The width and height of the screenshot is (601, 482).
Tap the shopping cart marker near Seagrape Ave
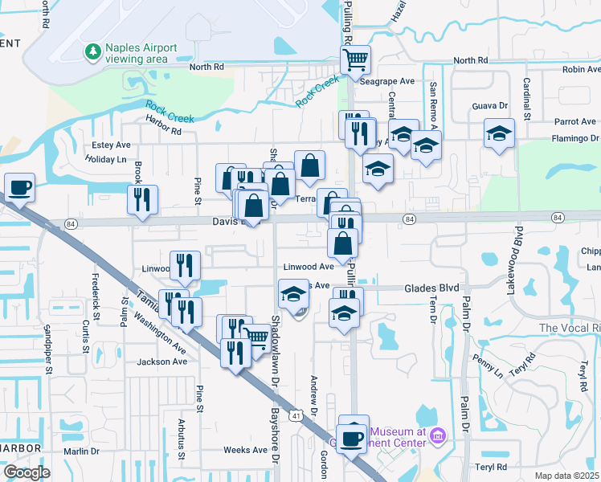[x=354, y=59]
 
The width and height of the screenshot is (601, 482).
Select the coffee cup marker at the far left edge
[x=20, y=187]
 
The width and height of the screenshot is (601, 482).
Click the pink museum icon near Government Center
[x=438, y=436]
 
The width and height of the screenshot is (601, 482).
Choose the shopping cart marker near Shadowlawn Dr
[x=256, y=337]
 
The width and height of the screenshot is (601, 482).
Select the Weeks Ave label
[x=245, y=450]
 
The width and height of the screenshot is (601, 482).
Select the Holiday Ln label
[x=106, y=159]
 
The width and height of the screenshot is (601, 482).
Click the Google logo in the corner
[x=27, y=472]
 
